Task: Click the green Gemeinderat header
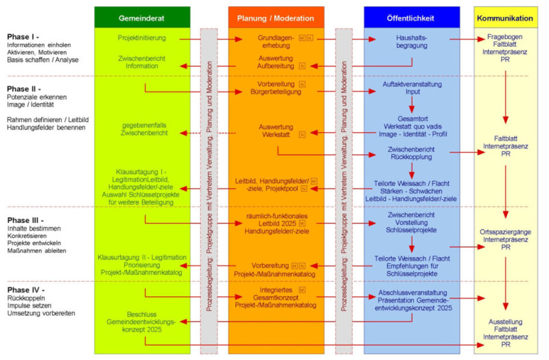(x=142, y=17)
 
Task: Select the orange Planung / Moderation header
(x=276, y=17)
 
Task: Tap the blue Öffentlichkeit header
(x=411, y=17)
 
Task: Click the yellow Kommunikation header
(x=505, y=17)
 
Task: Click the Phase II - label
(x=25, y=88)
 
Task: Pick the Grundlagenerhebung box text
(x=275, y=43)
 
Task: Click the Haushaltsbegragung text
(x=412, y=43)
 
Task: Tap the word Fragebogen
(x=505, y=35)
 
